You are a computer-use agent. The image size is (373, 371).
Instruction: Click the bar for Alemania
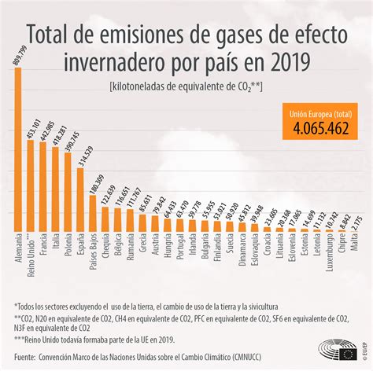[x=18, y=150]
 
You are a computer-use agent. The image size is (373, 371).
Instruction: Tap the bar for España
[x=79, y=200]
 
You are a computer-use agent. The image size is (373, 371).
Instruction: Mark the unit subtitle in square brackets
[x=186, y=86]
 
